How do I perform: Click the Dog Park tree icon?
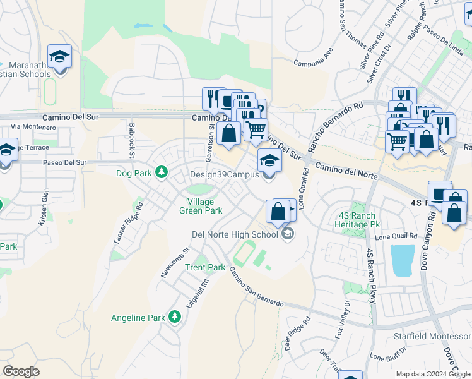pyautogui.click(x=162, y=172)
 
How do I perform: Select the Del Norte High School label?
pyautogui.click(x=235, y=234)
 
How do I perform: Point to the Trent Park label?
pyautogui.click(x=205, y=267)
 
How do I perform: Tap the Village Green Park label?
pyautogui.click(x=201, y=206)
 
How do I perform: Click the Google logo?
pyautogui.click(x=21, y=371)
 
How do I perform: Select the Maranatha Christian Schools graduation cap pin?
pyautogui.click(x=60, y=58)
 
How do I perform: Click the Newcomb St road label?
pyautogui.click(x=166, y=262)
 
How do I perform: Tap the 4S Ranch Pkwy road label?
pyautogui.click(x=370, y=275)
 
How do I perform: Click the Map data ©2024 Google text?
pyautogui.click(x=434, y=374)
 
